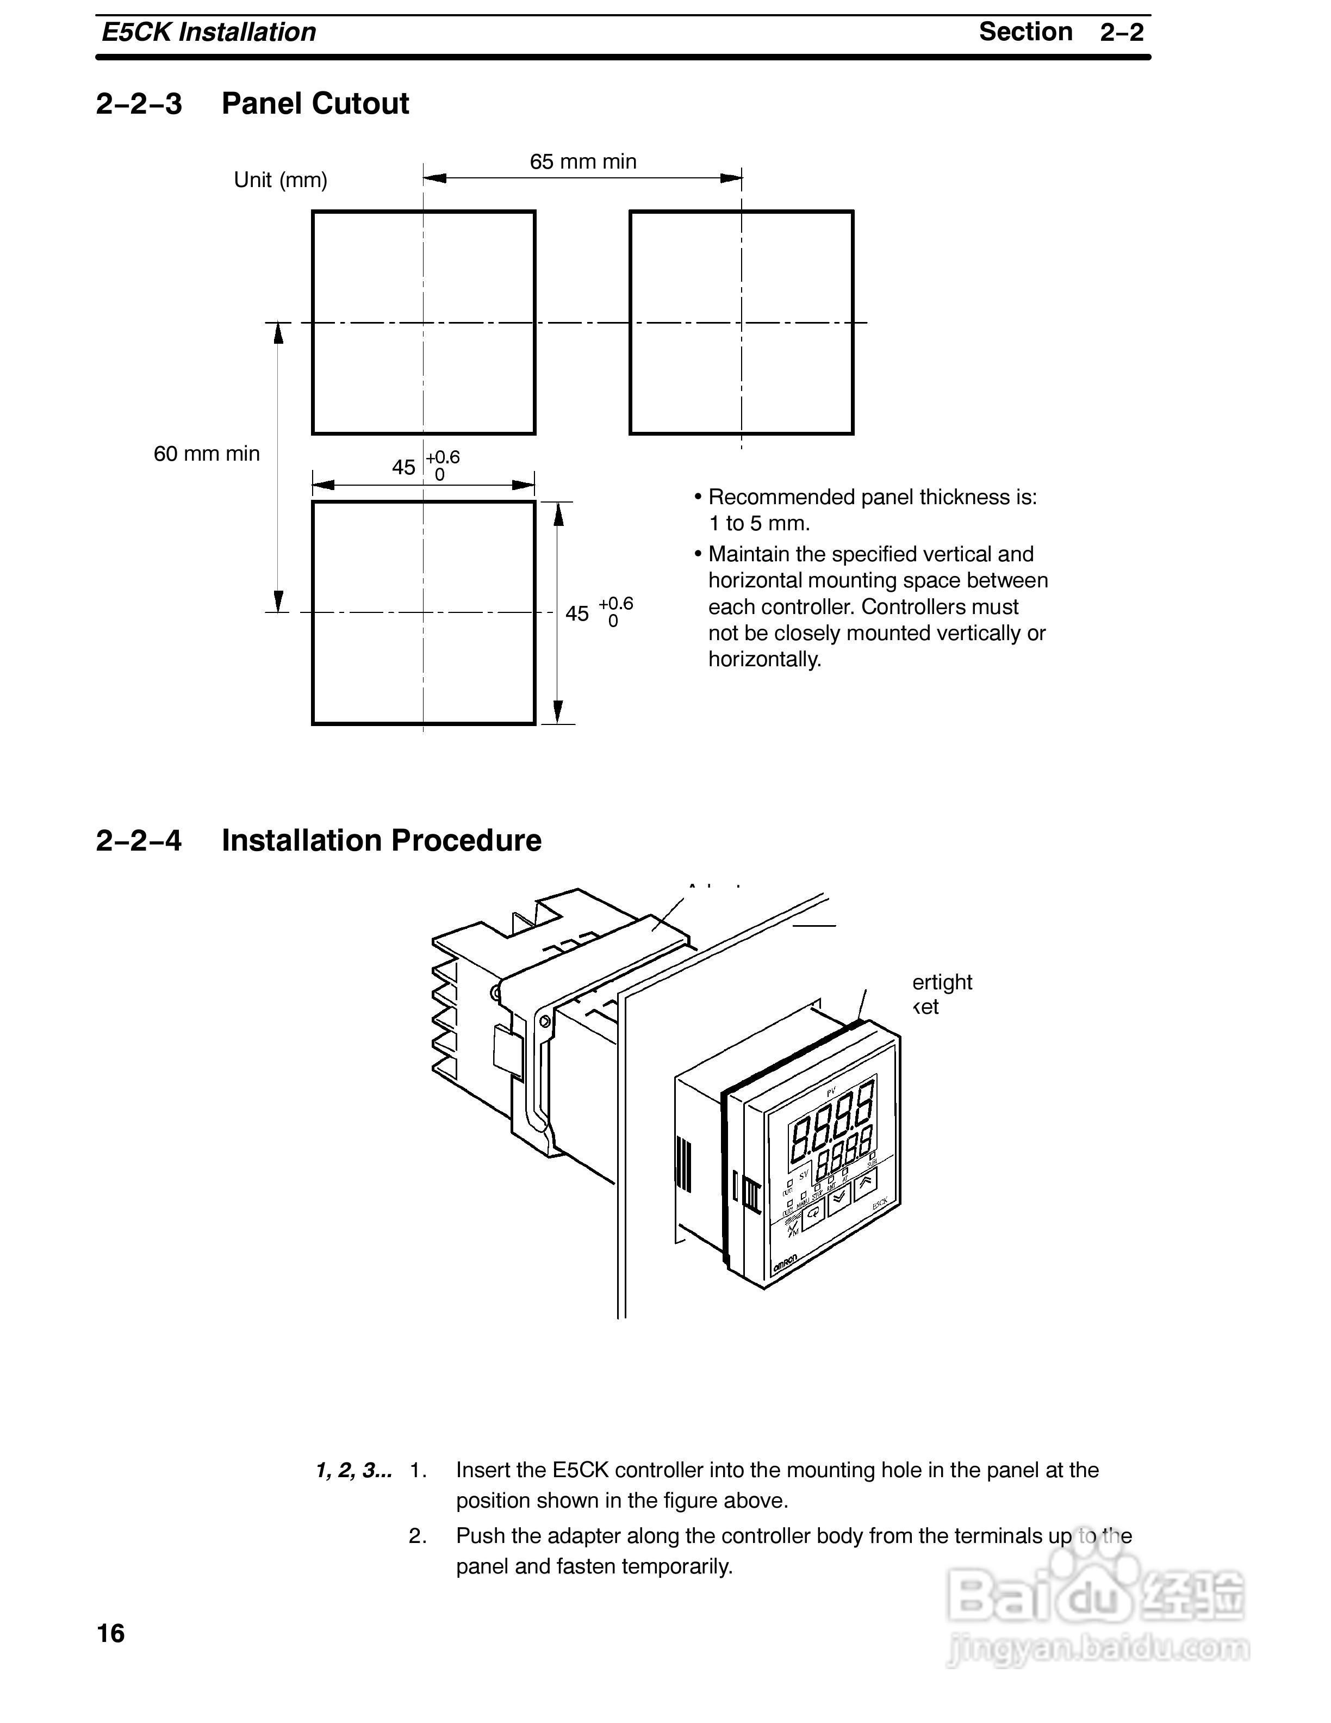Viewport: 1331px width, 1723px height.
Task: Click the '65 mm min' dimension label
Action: pyautogui.click(x=583, y=162)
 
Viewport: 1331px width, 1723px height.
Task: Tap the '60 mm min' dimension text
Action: pyautogui.click(x=207, y=454)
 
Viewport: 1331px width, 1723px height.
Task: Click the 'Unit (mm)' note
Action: pyautogui.click(x=280, y=180)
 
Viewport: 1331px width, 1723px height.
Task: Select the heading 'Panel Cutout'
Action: pyautogui.click(x=315, y=103)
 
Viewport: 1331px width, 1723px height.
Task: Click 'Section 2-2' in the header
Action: pyautogui.click(x=1061, y=32)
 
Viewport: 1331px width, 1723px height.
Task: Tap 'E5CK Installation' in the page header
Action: pyautogui.click(x=209, y=32)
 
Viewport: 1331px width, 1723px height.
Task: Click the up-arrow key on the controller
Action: pyautogui.click(x=865, y=1181)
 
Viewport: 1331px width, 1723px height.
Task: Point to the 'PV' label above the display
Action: pyautogui.click(x=830, y=1092)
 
